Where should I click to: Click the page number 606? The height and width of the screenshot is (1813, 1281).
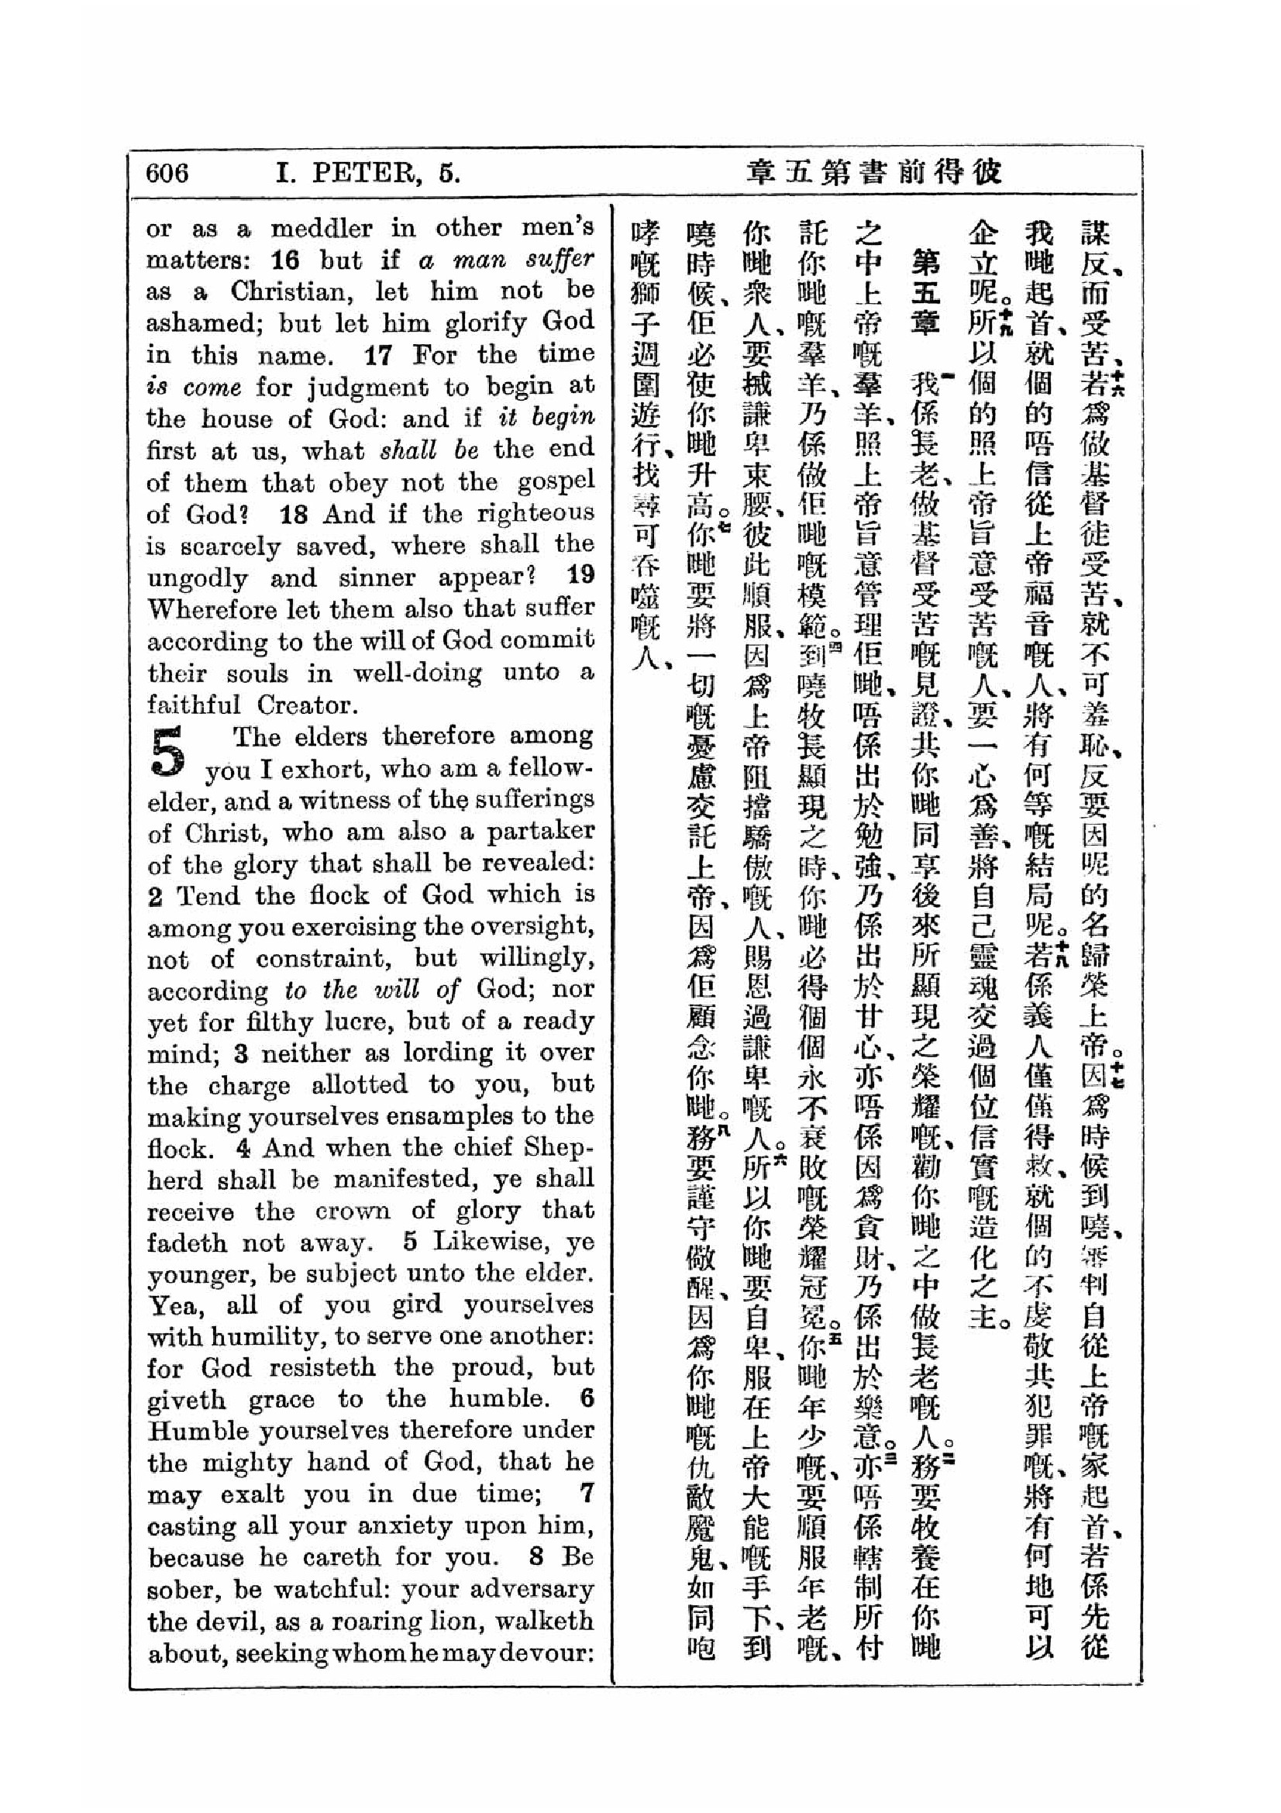(167, 173)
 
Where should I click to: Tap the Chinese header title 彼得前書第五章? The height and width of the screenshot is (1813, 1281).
(873, 173)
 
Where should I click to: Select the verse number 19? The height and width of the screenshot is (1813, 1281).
(580, 575)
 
